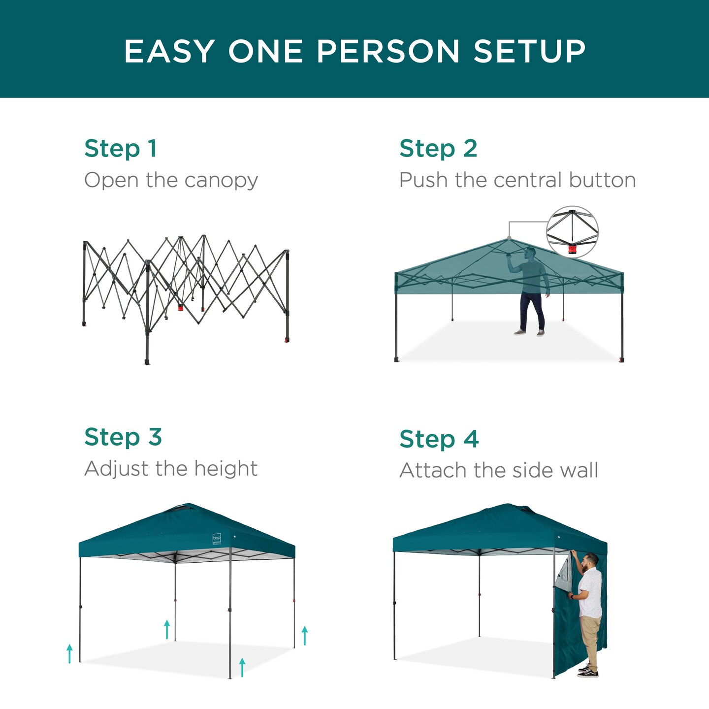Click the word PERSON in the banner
click(388, 51)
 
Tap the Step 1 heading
click(121, 149)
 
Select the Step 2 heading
click(438, 149)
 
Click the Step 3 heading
click(123, 437)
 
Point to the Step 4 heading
click(439, 439)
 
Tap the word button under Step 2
click(602, 180)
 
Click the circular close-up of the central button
click(572, 232)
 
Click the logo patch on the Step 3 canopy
click(217, 539)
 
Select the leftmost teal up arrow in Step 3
click(69, 653)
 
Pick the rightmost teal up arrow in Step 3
click(305, 635)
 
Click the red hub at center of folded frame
click(181, 308)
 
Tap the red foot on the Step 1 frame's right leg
click(287, 339)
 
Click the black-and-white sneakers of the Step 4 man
click(588, 671)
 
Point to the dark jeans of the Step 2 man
click(532, 310)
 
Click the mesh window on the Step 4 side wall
click(564, 574)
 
